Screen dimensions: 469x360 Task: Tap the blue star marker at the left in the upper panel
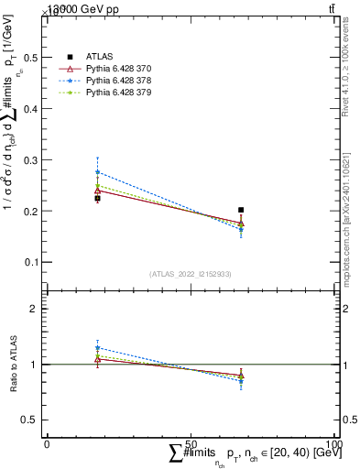coord(97,172)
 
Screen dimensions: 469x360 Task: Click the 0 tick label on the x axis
coord(47,444)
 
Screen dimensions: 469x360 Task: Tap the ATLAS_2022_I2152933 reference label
coord(190,274)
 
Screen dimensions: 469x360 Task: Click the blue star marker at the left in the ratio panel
coord(97,348)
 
